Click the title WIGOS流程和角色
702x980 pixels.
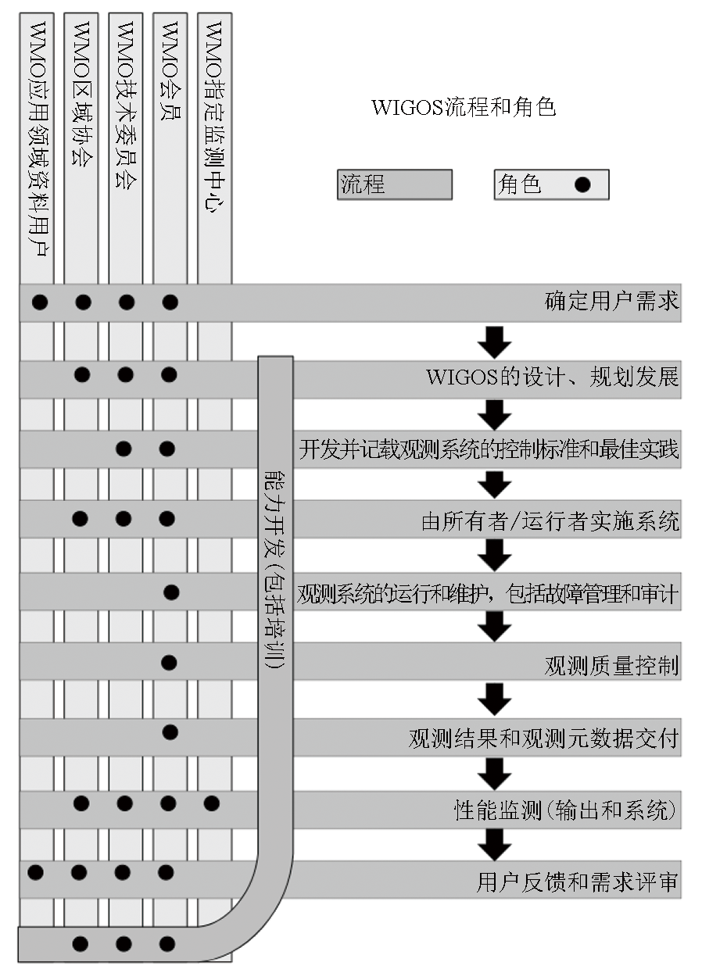464,108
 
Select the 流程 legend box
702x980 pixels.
395,185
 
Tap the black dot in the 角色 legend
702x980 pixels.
582,185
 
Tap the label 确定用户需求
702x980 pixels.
611,302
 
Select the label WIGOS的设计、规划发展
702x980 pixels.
552,377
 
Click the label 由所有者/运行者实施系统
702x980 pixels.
550,522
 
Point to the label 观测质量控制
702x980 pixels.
611,666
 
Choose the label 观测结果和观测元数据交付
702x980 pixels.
543,738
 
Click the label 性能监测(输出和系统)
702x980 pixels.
565,810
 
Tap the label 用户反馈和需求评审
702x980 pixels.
577,883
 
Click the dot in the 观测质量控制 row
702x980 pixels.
169,663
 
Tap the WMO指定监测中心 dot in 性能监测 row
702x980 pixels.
211,803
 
